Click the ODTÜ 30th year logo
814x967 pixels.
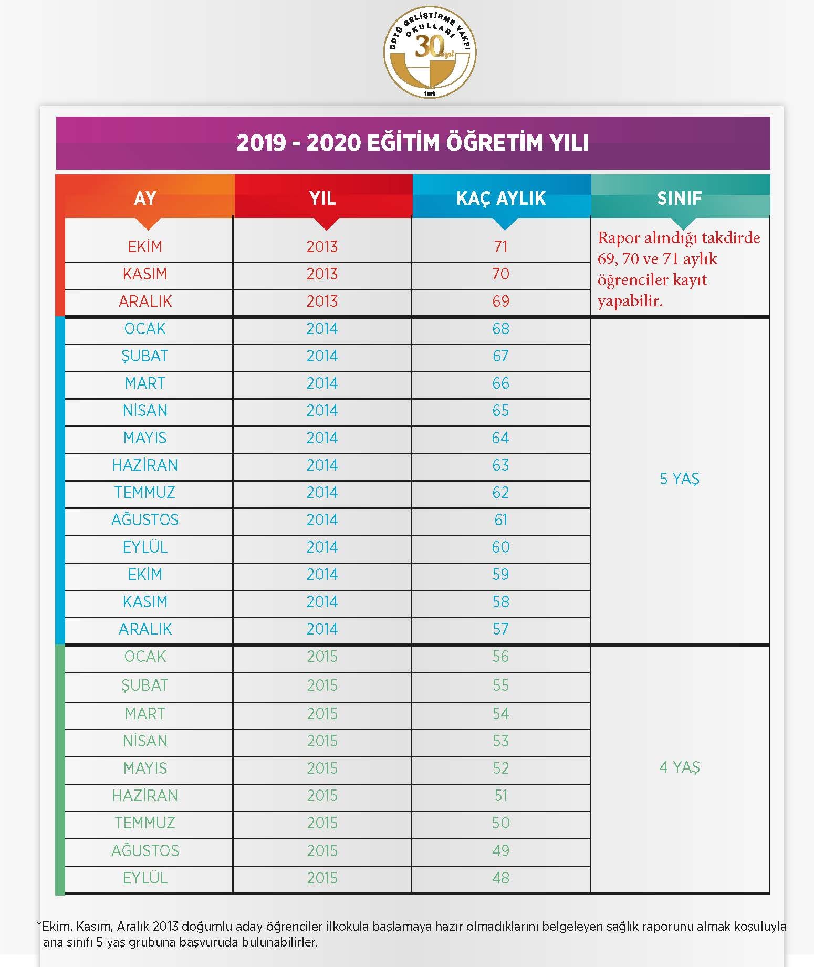coord(430,53)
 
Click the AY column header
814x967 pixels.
coord(145,198)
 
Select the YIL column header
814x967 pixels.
coord(322,198)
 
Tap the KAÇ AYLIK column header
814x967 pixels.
coord(501,198)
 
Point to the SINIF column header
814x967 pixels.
coord(680,198)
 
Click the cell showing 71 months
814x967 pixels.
coord(501,246)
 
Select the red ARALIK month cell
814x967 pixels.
coord(145,301)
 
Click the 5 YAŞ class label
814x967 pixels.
coord(680,479)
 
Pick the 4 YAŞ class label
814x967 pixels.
coord(680,767)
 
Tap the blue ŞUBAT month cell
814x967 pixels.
coord(145,356)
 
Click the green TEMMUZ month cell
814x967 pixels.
coord(145,823)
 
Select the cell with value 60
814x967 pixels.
coord(501,547)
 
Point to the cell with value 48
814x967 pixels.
coord(501,878)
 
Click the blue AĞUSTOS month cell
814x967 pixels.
coord(145,519)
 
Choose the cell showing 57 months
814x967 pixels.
coord(501,629)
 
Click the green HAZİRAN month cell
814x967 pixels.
coord(145,795)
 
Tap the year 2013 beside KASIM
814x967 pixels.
coord(322,274)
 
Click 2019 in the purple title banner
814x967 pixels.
coord(261,143)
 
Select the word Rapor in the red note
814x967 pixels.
coord(618,238)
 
